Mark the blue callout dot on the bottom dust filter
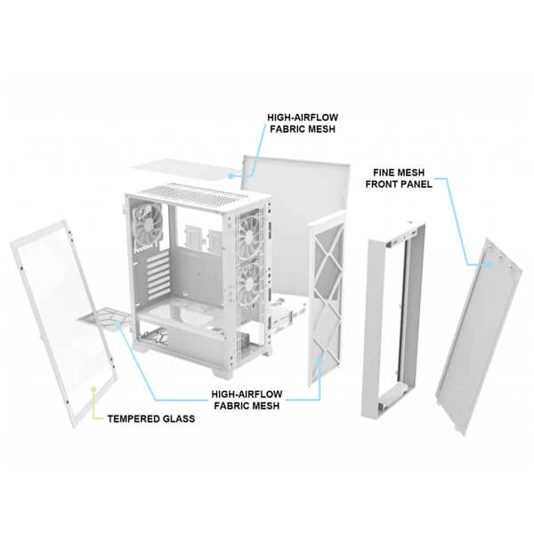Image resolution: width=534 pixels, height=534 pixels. click(x=119, y=325)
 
